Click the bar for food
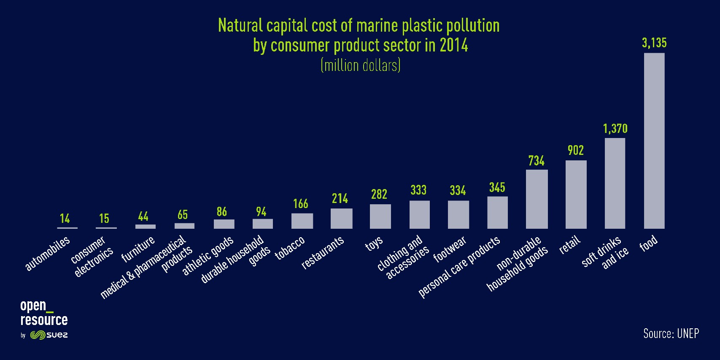(x=654, y=141)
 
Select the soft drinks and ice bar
(x=615, y=184)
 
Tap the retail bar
(x=576, y=195)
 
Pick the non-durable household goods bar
(x=537, y=199)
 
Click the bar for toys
(x=380, y=217)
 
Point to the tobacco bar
(x=302, y=221)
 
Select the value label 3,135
(x=655, y=43)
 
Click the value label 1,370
(x=615, y=129)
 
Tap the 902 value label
(x=575, y=150)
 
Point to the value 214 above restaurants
(x=340, y=198)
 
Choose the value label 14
(x=65, y=219)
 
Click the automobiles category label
(x=47, y=254)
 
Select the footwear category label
(x=450, y=250)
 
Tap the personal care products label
(x=459, y=267)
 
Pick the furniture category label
(x=138, y=249)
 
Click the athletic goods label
(x=208, y=256)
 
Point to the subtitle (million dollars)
(x=360, y=65)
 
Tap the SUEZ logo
(x=49, y=335)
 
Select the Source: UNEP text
(x=671, y=333)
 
